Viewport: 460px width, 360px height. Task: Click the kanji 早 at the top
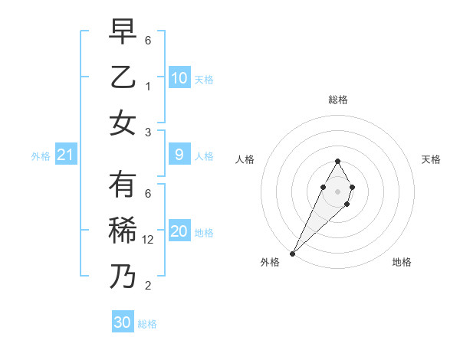[123, 33]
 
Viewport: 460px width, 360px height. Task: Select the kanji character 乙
[123, 77]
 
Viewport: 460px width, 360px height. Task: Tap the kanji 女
[123, 123]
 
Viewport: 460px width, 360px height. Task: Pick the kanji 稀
[123, 231]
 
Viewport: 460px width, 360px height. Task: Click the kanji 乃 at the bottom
[123, 277]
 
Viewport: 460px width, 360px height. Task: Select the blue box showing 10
[179, 78]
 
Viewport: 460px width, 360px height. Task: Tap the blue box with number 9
[179, 155]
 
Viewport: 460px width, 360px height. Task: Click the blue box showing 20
[179, 232]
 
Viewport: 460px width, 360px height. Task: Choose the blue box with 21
[66, 155]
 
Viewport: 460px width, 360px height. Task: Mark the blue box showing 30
[123, 322]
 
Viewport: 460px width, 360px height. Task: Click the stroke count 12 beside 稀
[149, 239]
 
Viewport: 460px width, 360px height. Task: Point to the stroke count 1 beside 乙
[149, 86]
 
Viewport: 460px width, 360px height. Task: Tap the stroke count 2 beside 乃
[149, 286]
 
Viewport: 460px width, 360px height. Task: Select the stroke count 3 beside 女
[149, 132]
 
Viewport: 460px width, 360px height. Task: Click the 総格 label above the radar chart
[337, 100]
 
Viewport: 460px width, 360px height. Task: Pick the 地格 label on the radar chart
[402, 262]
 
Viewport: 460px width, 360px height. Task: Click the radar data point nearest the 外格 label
[292, 253]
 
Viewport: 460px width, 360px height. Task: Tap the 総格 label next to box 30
[147, 324]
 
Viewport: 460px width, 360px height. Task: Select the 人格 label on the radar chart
[245, 159]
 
